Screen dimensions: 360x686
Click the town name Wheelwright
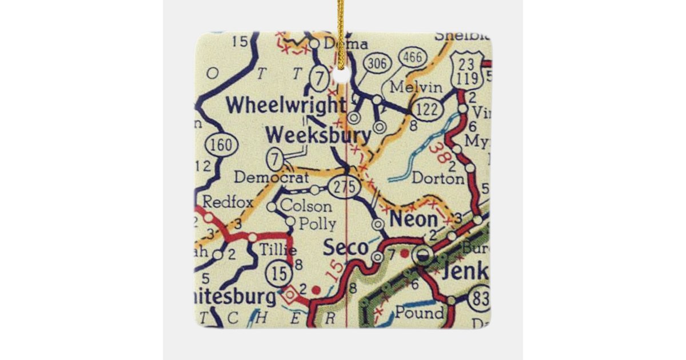[285, 105]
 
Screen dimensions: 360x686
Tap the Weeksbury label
[318, 136]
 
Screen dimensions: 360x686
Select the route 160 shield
[221, 145]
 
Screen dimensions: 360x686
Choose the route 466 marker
[411, 58]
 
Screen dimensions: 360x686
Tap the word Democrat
[264, 178]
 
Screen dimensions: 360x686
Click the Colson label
[306, 206]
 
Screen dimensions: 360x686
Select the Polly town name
[315, 223]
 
